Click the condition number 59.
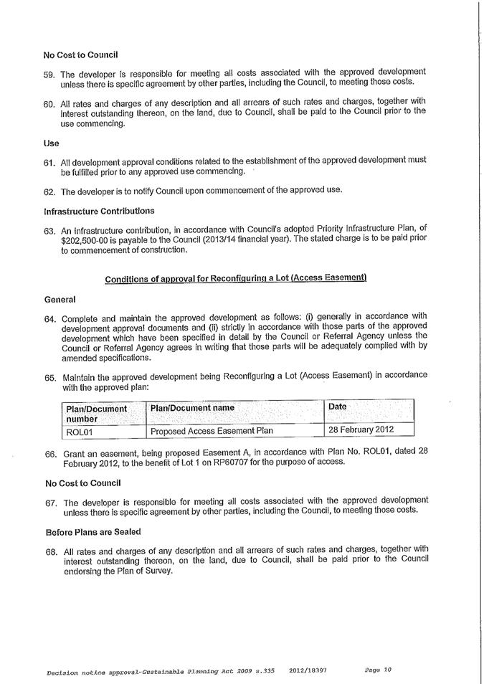coord(49,74)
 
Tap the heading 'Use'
coord(52,143)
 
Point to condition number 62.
coord(49,191)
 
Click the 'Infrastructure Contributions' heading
coord(99,212)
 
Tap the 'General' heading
coord(60,298)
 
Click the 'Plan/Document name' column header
coord(192,408)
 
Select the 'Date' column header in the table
coord(337,407)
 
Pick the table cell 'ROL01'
coord(80,431)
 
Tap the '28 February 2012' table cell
coord(361,430)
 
